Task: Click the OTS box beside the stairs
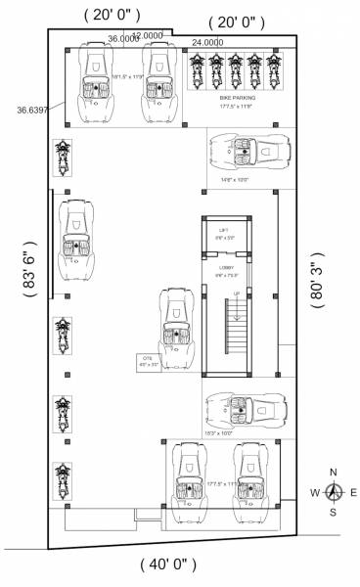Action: click(x=150, y=361)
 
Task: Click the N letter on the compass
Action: click(x=334, y=471)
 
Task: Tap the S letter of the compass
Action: click(x=334, y=512)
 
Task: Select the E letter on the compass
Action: click(x=353, y=492)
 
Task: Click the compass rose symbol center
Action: click(x=334, y=491)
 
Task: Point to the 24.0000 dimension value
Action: click(x=206, y=42)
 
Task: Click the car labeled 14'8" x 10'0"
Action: click(x=247, y=152)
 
